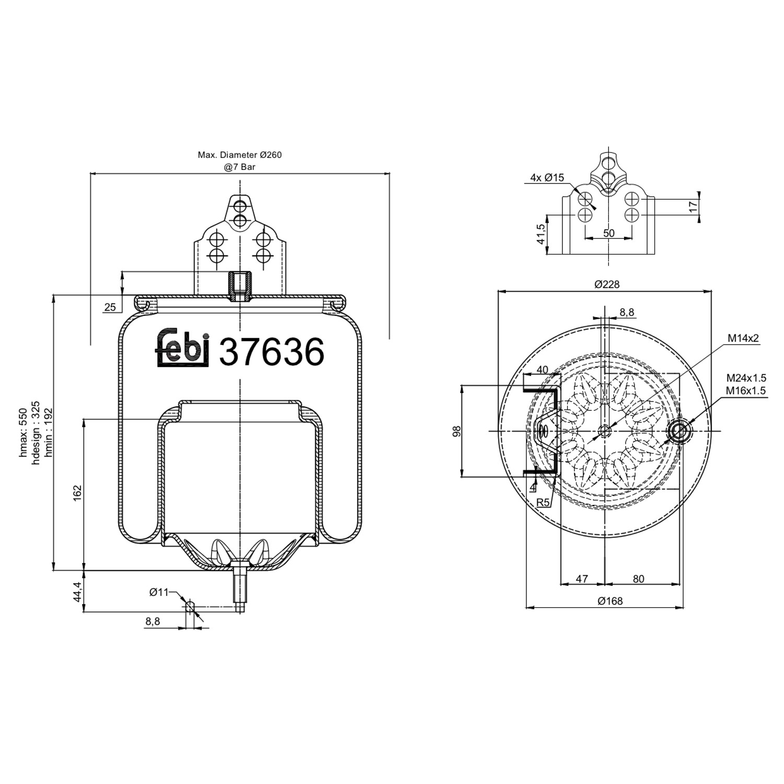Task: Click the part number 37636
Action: click(x=272, y=352)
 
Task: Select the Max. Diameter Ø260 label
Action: click(x=239, y=155)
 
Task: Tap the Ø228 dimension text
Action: click(x=607, y=284)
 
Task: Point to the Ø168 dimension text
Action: click(x=610, y=601)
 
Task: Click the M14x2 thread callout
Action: click(x=743, y=338)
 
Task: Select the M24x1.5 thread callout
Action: click(x=746, y=378)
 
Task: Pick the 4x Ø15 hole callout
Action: click(x=547, y=178)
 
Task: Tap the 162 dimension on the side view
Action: click(x=77, y=493)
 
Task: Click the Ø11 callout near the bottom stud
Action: click(x=159, y=592)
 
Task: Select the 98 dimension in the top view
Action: click(x=457, y=431)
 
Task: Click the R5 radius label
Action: click(x=543, y=503)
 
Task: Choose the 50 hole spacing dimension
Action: click(x=609, y=233)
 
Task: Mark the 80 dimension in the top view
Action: click(x=638, y=579)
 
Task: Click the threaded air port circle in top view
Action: click(x=680, y=431)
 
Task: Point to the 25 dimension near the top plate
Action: click(x=110, y=307)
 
